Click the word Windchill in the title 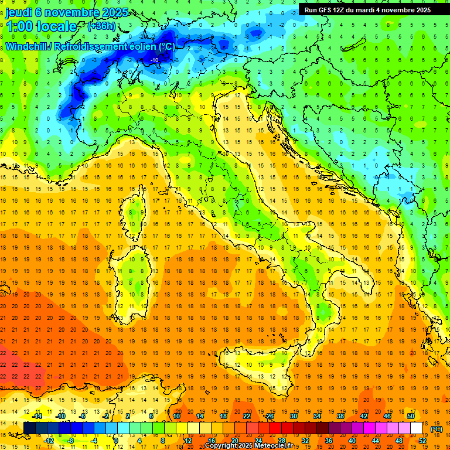tap(29, 46)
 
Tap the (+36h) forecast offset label tap(101, 26)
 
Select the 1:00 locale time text tap(41, 26)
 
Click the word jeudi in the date tap(21, 12)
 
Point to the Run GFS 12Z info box tap(367, 9)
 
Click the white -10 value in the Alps tap(155, 60)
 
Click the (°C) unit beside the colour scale tap(437, 429)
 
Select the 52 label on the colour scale tap(422, 440)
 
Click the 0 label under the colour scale tap(116, 440)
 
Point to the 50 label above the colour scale tap(410, 416)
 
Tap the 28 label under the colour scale tap(281, 440)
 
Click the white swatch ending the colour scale tap(417, 428)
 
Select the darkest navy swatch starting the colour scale tap(29, 428)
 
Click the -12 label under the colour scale tap(49, 440)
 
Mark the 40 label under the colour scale tap(352, 440)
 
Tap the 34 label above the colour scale tap(316, 416)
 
